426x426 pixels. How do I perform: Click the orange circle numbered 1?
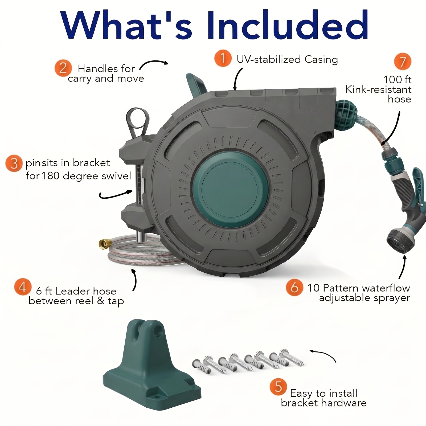coord(223,58)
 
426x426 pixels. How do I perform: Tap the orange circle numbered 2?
coord(63,68)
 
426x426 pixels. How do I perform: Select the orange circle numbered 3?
coord(14,163)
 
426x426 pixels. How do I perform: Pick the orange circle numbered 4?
coord(23,287)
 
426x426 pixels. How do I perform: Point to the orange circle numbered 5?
coord(278,387)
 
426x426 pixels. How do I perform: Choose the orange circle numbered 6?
coord(294,287)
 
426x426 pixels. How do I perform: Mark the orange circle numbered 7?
coord(403,62)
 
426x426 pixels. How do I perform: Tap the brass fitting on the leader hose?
coord(104,243)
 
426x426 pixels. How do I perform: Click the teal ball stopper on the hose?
coord(346,115)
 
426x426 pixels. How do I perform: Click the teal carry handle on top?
coord(196,83)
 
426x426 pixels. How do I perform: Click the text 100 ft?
coord(397,80)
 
